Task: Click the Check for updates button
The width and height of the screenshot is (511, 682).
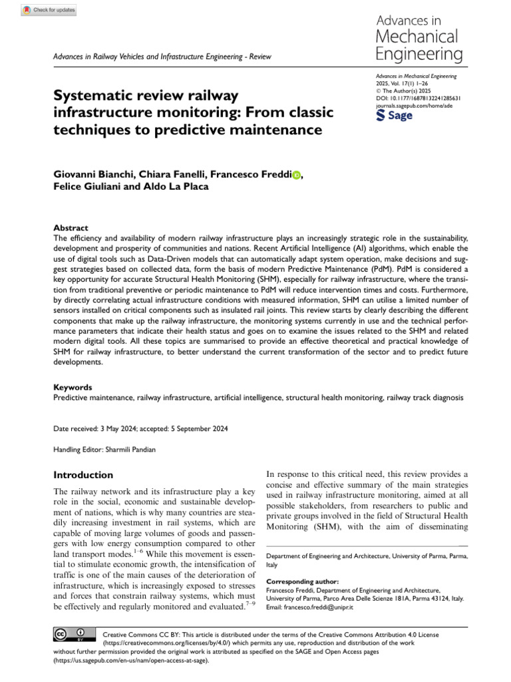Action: point(49,10)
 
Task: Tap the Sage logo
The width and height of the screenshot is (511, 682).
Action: point(395,115)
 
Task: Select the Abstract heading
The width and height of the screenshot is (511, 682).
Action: point(71,227)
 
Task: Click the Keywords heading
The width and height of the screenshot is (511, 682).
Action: point(73,386)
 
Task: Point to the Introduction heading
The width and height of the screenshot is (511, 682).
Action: point(83,475)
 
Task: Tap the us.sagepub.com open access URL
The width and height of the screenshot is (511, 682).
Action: point(134,661)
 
